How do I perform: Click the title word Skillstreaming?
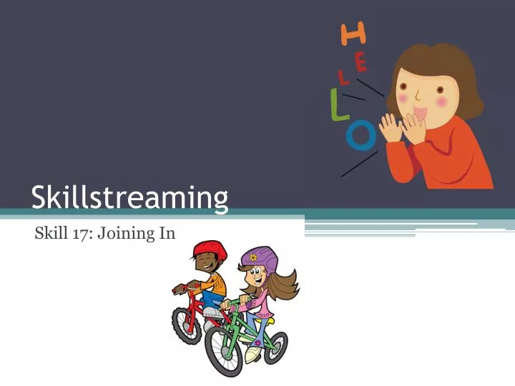[x=129, y=197]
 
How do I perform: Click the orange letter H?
[x=353, y=33]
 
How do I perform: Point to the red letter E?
[x=360, y=63]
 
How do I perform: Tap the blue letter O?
[x=361, y=135]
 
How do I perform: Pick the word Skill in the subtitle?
[x=49, y=232]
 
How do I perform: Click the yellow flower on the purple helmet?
[x=253, y=257]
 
